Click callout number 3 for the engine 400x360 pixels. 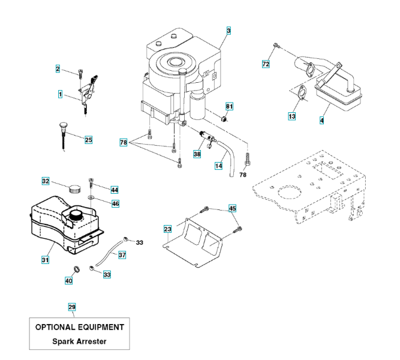(228, 31)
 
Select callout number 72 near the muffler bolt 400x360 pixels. (266, 64)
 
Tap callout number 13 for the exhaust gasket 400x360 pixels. (292, 116)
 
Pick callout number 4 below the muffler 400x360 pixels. (321, 120)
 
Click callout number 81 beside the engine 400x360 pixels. (229, 106)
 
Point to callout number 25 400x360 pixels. (89, 140)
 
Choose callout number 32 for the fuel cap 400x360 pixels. (46, 181)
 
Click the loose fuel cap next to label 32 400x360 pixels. (74, 188)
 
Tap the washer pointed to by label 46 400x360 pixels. (91, 197)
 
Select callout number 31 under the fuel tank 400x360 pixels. (45, 260)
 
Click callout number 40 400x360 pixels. (68, 281)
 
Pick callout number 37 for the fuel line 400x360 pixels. (122, 255)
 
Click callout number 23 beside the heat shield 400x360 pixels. (167, 229)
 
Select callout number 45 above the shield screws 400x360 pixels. (232, 208)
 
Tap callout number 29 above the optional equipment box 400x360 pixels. (72, 307)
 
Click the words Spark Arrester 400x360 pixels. (79, 341)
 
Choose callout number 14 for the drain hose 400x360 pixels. (219, 166)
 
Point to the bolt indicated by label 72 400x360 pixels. (276, 46)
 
